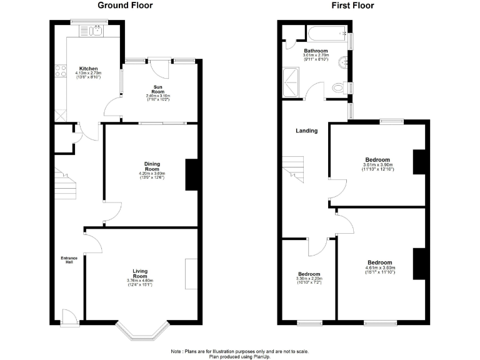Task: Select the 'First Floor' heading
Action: click(x=353, y=6)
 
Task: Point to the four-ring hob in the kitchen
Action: click(x=61, y=71)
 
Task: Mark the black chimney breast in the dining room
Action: click(x=192, y=175)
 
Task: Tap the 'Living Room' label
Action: click(x=140, y=274)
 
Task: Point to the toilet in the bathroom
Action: click(x=339, y=87)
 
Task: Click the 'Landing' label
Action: click(x=307, y=131)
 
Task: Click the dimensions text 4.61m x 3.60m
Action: click(x=379, y=268)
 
